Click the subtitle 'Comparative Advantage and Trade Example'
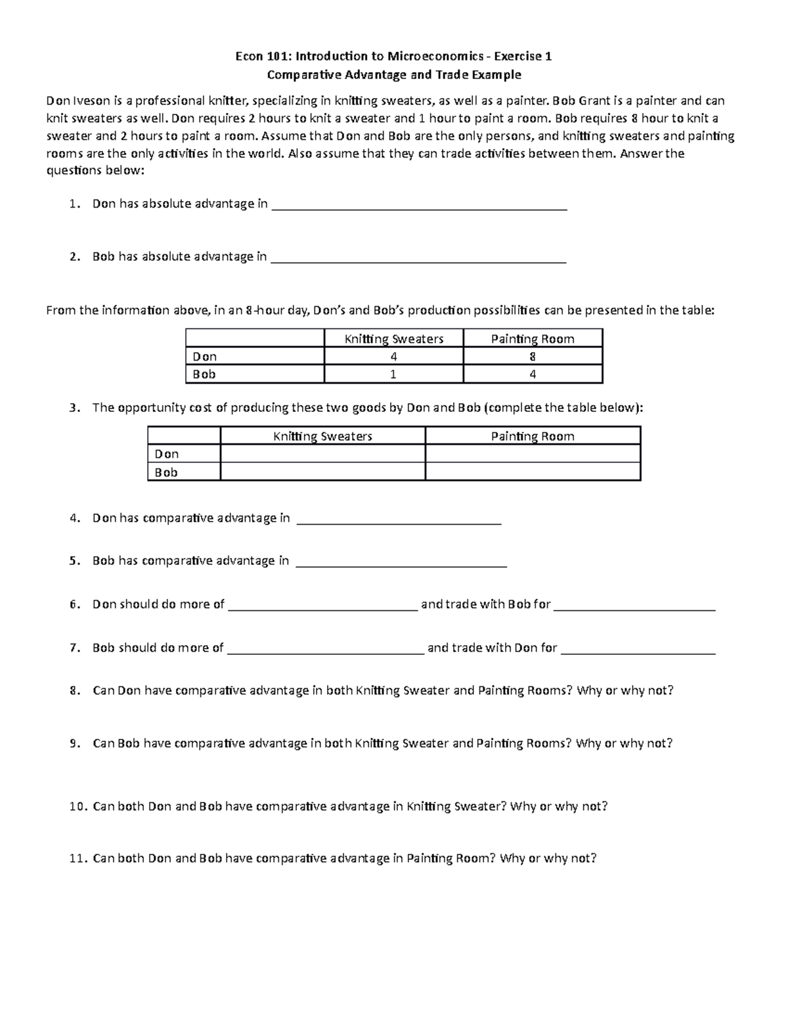pos(394,74)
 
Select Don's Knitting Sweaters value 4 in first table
pos(393,357)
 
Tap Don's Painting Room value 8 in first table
pos(533,357)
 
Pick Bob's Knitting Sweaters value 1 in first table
pos(393,374)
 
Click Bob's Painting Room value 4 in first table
pos(533,374)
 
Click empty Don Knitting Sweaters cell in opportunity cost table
pos(322,454)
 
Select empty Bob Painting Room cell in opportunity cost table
pos(533,472)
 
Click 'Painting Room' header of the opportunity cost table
pos(533,436)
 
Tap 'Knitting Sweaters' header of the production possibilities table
pos(394,339)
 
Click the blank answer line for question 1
pos(418,207)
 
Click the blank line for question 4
pos(399,521)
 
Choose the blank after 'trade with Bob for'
pos(634,608)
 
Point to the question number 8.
pos(74,691)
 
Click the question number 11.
pos(77,858)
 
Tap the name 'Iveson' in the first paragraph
pos(90,100)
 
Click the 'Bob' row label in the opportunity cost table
pos(166,472)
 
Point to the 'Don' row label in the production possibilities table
pos(204,357)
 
